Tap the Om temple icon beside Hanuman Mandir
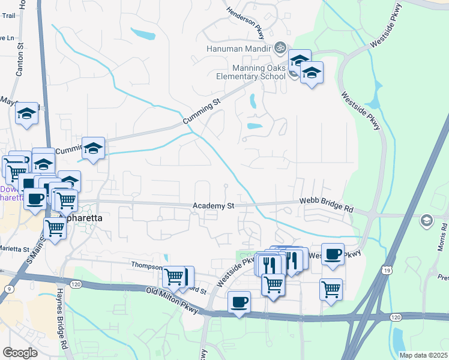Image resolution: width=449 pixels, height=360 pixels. (x=279, y=47)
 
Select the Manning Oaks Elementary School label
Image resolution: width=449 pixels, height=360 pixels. (x=252, y=73)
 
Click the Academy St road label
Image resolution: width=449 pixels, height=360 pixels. (x=213, y=206)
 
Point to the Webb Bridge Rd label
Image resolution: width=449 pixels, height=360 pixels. (x=326, y=206)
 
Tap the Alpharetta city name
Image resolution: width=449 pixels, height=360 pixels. (x=79, y=218)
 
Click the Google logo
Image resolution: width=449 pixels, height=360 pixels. (x=20, y=352)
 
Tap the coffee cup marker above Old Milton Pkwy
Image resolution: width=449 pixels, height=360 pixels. (x=240, y=301)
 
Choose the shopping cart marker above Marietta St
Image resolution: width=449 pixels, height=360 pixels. (x=55, y=227)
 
